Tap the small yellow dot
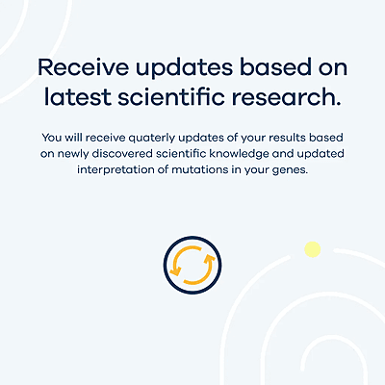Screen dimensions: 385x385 312,250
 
